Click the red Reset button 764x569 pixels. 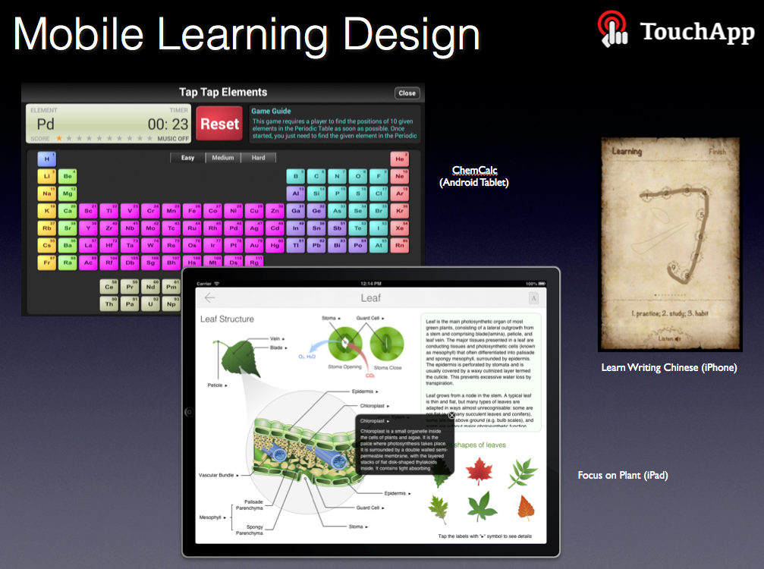click(x=219, y=124)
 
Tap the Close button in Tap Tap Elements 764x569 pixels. click(x=407, y=93)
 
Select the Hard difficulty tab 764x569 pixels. click(x=258, y=158)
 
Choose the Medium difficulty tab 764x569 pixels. click(x=222, y=158)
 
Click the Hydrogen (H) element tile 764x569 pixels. click(x=47, y=159)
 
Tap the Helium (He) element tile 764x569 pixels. click(x=399, y=159)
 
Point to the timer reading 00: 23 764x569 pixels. click(x=168, y=124)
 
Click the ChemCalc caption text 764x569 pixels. click(x=474, y=171)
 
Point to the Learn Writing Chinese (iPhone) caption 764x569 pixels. click(x=668, y=368)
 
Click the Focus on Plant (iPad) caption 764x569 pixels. click(x=623, y=476)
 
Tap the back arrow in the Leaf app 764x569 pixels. click(x=210, y=298)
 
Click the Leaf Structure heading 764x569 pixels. click(x=227, y=319)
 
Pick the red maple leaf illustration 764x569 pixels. click(x=479, y=472)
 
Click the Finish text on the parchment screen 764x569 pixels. click(x=717, y=152)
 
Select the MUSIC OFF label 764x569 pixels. click(x=173, y=139)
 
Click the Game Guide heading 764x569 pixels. click(x=272, y=111)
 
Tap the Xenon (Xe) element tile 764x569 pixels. click(x=399, y=228)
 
